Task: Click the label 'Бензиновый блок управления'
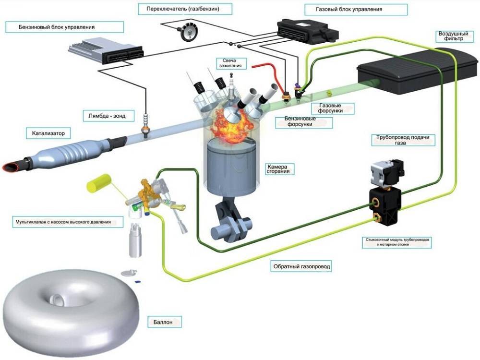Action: tap(57, 27)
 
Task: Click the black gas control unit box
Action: tap(308, 30)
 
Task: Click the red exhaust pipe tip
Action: tap(10, 167)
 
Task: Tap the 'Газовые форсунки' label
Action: tap(330, 108)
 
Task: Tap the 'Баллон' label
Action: tap(163, 322)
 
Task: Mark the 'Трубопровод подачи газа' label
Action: tap(403, 141)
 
